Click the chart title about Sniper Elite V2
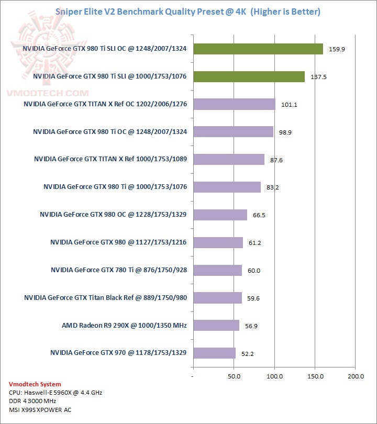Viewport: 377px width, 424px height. [x=188, y=11]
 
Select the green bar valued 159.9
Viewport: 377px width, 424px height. [x=258, y=49]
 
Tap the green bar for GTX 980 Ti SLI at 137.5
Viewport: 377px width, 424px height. [x=249, y=76]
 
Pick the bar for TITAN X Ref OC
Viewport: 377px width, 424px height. [x=234, y=104]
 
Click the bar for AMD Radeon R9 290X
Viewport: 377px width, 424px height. [x=216, y=325]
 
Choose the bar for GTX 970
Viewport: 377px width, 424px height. [x=214, y=353]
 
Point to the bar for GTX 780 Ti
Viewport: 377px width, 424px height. [x=217, y=270]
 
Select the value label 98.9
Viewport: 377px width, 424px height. [x=285, y=132]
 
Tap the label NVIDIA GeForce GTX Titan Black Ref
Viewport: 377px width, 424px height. [x=105, y=298]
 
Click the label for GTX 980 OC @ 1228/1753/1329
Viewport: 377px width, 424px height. [x=114, y=215]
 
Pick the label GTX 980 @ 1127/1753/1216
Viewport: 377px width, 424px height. [x=119, y=242]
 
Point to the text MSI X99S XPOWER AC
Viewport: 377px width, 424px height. [x=39, y=409]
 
